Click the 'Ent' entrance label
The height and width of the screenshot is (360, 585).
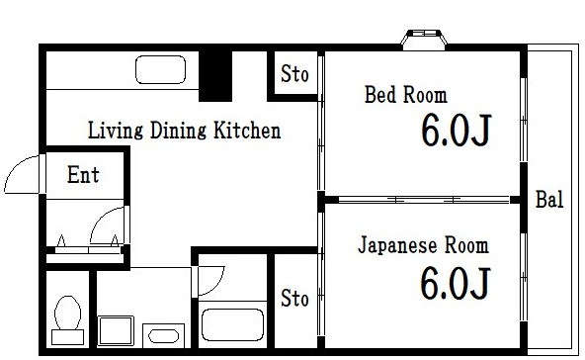82,176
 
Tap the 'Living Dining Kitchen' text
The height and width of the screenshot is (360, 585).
185,131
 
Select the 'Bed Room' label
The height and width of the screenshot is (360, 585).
405,96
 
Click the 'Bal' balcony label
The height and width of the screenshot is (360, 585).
549,200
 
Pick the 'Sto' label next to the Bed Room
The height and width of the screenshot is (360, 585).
294,74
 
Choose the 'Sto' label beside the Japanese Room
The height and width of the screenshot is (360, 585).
294,298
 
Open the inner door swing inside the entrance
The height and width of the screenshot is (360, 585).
106,227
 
